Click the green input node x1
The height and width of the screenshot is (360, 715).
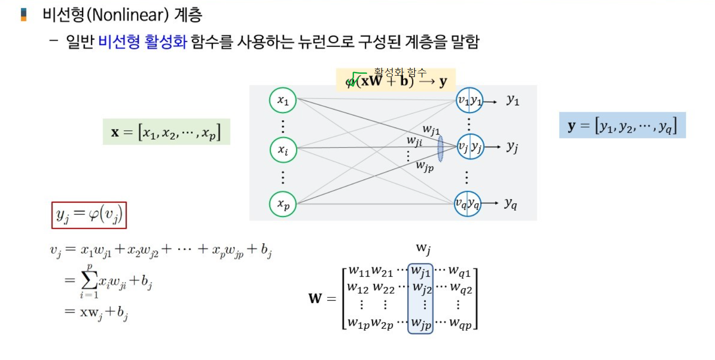[x=283, y=100]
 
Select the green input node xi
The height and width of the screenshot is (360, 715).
[x=283, y=149]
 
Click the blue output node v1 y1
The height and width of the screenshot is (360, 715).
[x=469, y=100]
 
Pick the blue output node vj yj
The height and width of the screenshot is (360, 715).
[x=469, y=147]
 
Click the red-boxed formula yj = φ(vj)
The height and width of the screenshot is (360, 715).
[x=89, y=215]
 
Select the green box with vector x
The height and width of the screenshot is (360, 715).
[x=166, y=132]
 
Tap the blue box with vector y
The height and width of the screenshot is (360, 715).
[x=622, y=125]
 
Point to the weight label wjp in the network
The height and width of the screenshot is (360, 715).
[x=424, y=166]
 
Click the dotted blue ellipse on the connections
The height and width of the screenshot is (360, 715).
[x=440, y=148]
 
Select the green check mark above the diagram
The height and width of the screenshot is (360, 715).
[x=356, y=79]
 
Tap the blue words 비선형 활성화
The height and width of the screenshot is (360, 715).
[x=142, y=43]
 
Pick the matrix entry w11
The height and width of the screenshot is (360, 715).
[x=359, y=270]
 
